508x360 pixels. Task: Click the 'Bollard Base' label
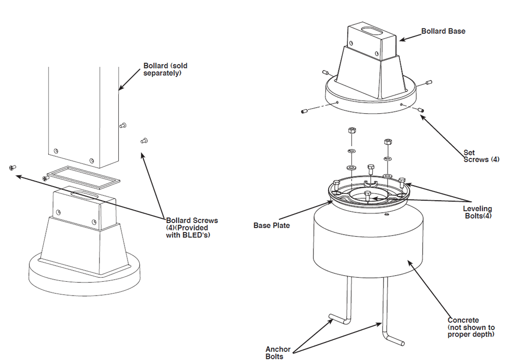[443, 31]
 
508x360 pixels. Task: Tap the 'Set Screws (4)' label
[481, 156]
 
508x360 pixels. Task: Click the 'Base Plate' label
[271, 225]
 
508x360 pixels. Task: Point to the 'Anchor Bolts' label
[278, 352]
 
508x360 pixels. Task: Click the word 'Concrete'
[463, 320]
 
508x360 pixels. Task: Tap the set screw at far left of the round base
[306, 111]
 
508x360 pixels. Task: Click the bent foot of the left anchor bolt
[337, 318]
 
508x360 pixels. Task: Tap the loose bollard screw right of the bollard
[143, 140]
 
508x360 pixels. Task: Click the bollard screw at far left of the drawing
[12, 168]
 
